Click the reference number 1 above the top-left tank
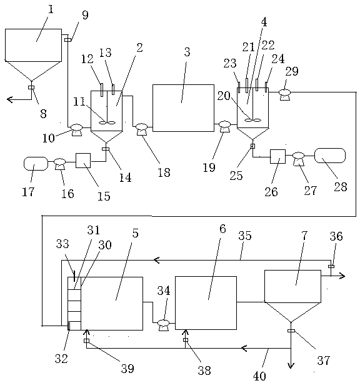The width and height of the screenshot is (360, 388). pos(51,10)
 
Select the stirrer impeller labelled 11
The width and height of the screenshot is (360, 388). pos(107,122)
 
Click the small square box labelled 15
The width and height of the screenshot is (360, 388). pos(83,161)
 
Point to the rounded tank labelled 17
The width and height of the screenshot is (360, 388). pos(36,164)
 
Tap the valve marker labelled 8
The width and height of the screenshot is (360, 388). pos(31,87)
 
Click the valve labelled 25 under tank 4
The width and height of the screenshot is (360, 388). pos(252,146)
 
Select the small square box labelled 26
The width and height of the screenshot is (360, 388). pos(277,156)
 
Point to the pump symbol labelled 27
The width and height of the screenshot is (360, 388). pos(299,159)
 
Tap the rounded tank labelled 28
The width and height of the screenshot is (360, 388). pos(330,156)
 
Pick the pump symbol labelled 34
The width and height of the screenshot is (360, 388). pos(163,325)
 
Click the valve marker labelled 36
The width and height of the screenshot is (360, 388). pos(331,266)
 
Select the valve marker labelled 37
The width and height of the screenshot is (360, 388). pos(291,331)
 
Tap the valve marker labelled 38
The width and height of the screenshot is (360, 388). pos(186,340)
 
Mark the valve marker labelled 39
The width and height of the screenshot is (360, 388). pos(86,341)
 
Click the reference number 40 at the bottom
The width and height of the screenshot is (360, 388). pos(259,376)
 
